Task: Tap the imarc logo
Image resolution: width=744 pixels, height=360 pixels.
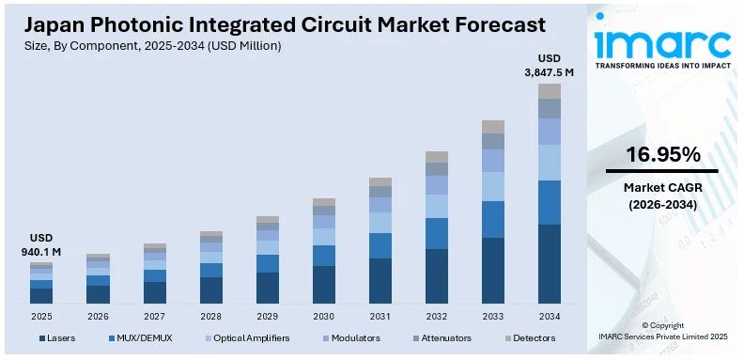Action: pyautogui.click(x=662, y=43)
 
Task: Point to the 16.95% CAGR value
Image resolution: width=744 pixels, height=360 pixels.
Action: pyautogui.click(x=662, y=154)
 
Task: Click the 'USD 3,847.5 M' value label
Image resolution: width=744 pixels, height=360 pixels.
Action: pyautogui.click(x=549, y=64)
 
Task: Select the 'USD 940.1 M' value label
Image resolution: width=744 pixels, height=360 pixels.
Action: pyautogui.click(x=41, y=244)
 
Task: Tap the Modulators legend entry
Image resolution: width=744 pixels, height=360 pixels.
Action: pyautogui.click(x=351, y=337)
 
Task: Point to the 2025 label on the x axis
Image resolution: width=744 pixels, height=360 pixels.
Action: pyautogui.click(x=41, y=316)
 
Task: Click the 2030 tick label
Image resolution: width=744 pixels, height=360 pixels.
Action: pyautogui.click(x=323, y=316)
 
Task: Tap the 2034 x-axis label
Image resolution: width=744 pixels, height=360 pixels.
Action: pyautogui.click(x=549, y=316)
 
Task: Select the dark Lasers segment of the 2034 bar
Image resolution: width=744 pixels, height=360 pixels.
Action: pyautogui.click(x=549, y=263)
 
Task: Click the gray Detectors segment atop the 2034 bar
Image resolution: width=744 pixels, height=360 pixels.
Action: pyautogui.click(x=549, y=91)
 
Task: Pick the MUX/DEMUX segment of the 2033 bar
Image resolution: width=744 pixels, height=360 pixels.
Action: pyautogui.click(x=492, y=219)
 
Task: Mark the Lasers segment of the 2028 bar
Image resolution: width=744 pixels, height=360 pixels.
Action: pyautogui.click(x=211, y=290)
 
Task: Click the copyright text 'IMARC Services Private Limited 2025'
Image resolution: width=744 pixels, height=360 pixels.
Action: pyautogui.click(x=662, y=336)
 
